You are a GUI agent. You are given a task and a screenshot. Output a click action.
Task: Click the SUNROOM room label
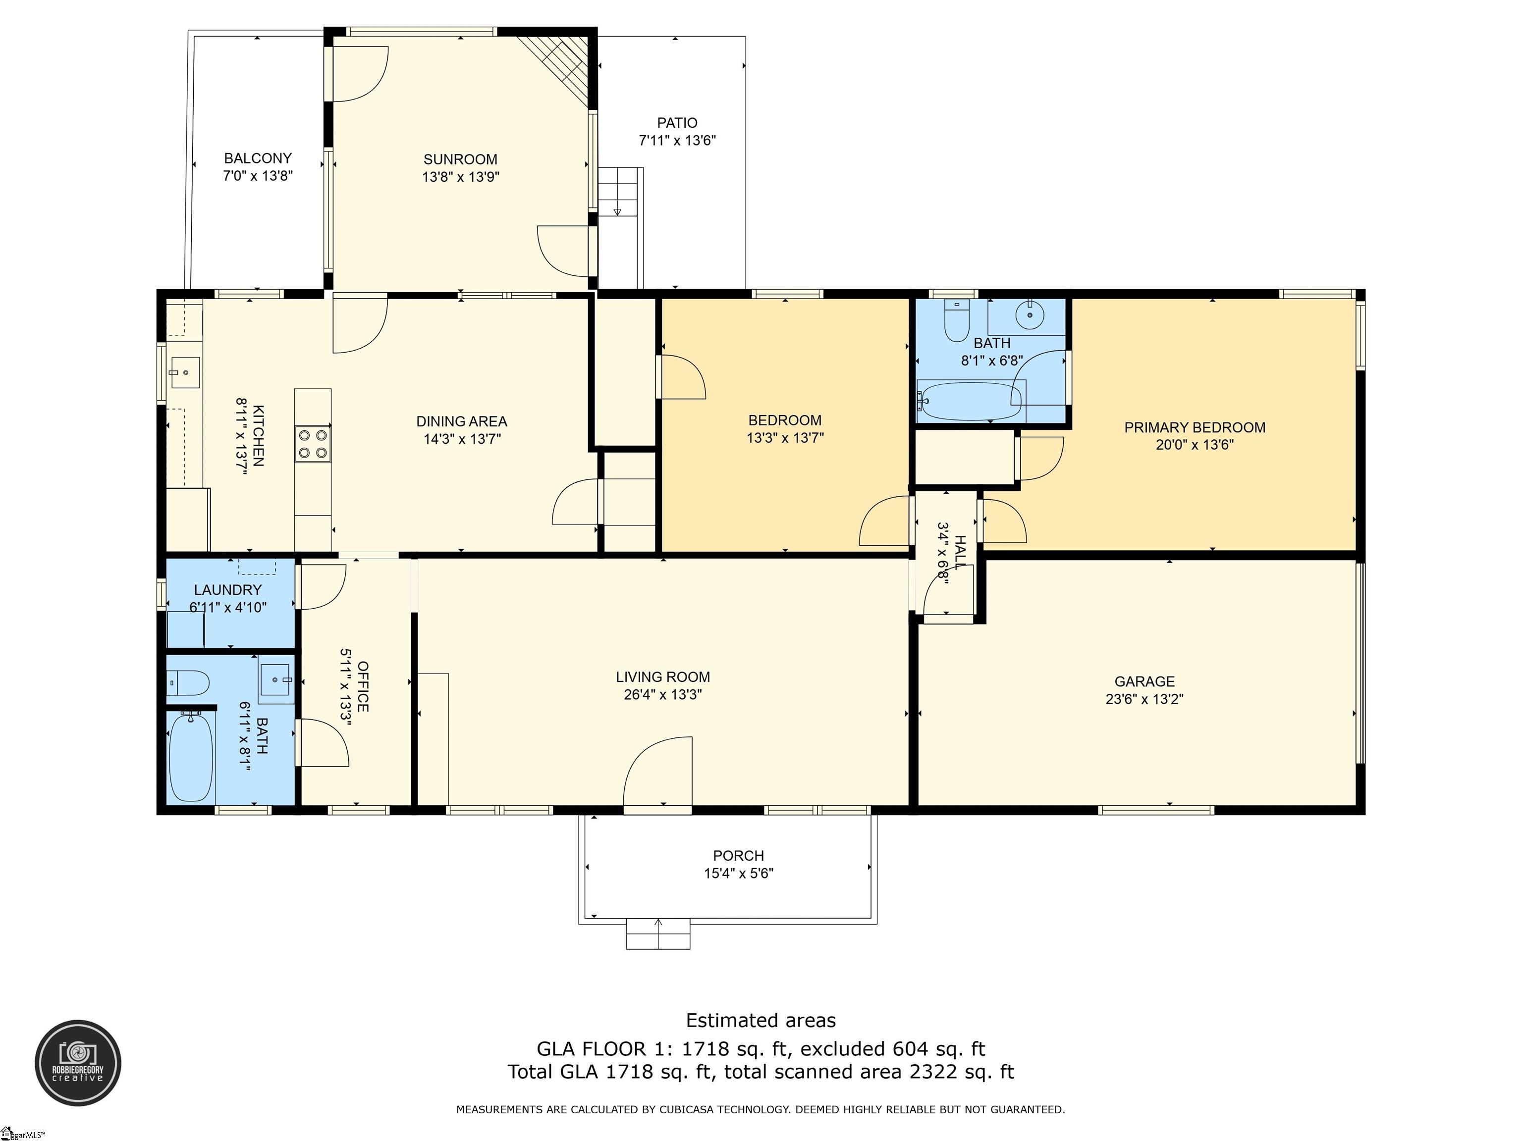pos(460,159)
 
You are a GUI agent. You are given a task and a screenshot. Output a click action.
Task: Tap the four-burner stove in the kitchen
pos(313,444)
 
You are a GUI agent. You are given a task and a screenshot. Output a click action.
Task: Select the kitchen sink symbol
pos(184,372)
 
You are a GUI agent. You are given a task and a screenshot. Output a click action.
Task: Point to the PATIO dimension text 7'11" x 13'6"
pos(677,140)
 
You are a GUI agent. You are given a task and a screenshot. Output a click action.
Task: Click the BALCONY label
pos(258,158)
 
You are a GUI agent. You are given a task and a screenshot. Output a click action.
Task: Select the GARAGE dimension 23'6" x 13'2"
pos(1144,699)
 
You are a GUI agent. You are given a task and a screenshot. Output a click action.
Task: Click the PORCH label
pos(738,856)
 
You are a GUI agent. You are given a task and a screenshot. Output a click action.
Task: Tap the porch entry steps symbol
pos(658,934)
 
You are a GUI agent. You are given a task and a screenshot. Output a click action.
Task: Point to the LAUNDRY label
pos(228,590)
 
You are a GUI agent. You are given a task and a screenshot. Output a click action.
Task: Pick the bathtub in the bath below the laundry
pos(191,757)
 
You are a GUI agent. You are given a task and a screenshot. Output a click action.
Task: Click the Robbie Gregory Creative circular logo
pos(78,1063)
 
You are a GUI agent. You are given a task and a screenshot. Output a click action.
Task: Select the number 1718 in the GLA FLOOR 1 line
pos(706,1049)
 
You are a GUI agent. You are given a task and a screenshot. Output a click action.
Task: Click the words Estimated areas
pos(761,1021)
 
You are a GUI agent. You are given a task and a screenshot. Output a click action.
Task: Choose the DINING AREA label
pos(462,421)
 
